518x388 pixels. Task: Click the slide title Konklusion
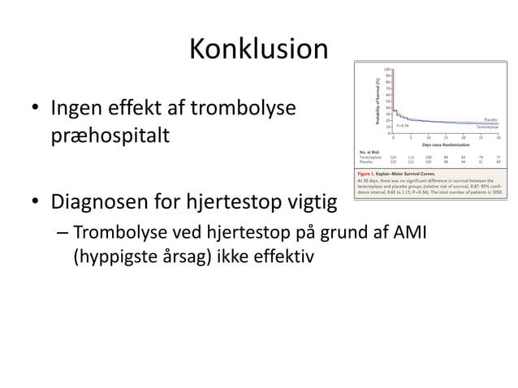(x=258, y=50)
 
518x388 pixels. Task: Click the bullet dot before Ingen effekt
(x=36, y=108)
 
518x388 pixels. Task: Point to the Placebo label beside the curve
(x=490, y=119)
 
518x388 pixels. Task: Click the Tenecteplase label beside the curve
(x=487, y=127)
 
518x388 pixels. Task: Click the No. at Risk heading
(x=369, y=152)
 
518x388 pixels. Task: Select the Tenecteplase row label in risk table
(x=371, y=157)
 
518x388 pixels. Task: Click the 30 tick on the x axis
(x=498, y=138)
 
